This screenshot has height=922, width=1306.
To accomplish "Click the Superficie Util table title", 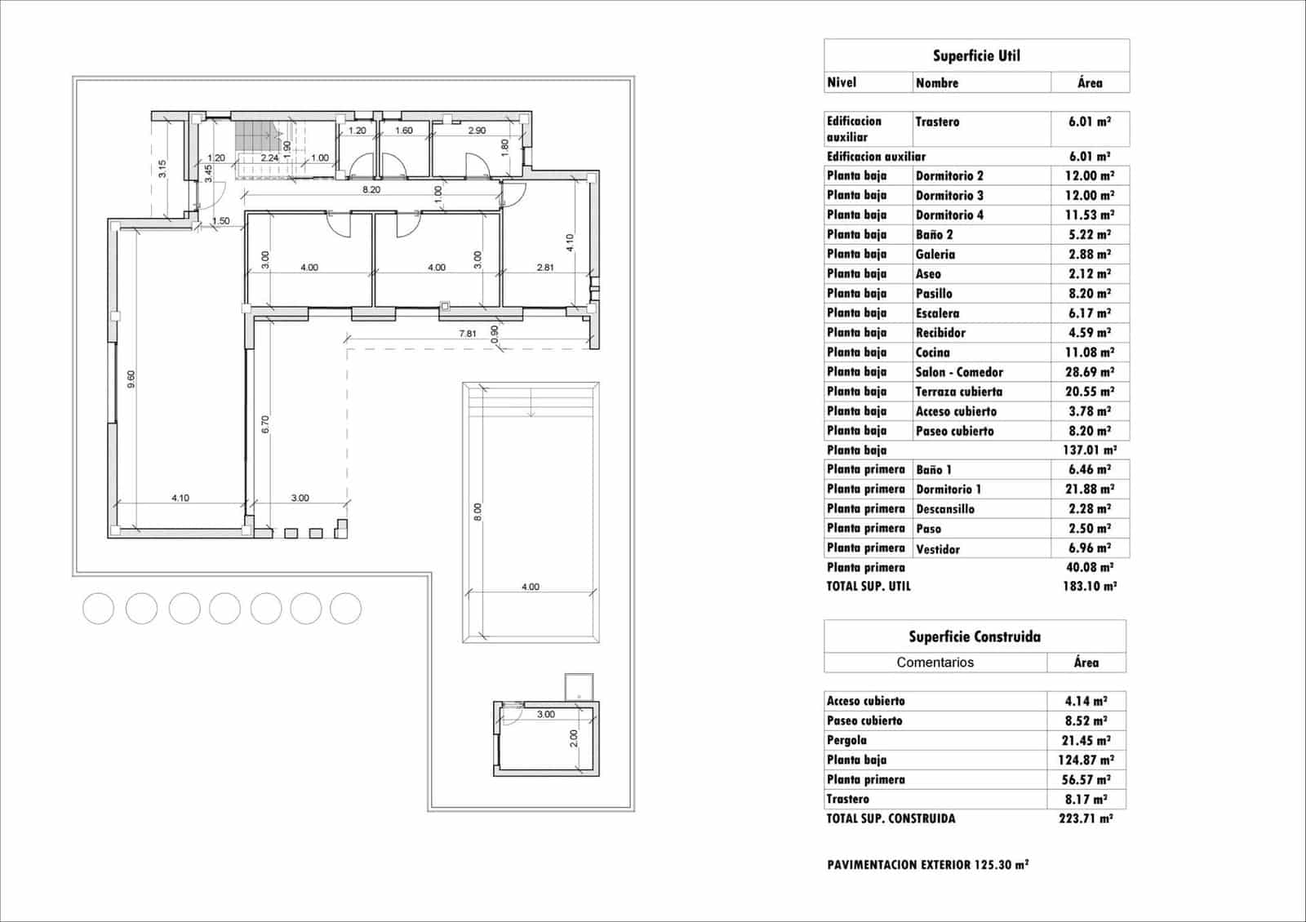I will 976,55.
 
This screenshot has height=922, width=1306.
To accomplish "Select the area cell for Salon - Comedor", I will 1089,372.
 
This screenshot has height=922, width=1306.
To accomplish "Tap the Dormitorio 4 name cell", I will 949,215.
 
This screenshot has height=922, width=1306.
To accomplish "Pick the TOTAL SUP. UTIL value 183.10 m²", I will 1089,586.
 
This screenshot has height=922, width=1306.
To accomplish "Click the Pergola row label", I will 846,740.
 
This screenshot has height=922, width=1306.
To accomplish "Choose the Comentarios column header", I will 935,663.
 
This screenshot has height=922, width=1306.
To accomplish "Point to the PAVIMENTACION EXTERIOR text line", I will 927,865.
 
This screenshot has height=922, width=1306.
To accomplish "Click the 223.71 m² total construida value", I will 1086,818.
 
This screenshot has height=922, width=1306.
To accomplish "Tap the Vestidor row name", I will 938,549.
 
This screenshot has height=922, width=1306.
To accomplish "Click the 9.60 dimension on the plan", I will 131,379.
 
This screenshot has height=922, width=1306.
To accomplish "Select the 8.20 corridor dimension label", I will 371,189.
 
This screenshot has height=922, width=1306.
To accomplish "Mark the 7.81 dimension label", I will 468,333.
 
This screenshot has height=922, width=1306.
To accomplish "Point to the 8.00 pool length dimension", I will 478,512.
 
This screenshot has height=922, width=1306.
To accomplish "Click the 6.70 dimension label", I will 264,423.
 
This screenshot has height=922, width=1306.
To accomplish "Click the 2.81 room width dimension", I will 545,267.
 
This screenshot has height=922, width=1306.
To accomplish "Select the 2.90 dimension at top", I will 477,131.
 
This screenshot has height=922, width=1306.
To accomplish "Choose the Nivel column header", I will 842,82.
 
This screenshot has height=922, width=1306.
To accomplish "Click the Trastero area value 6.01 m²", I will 1089,122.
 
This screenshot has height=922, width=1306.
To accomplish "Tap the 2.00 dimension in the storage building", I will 573,738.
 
